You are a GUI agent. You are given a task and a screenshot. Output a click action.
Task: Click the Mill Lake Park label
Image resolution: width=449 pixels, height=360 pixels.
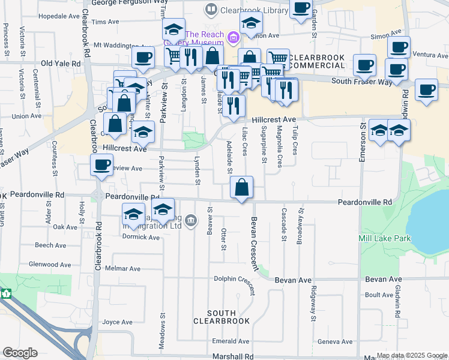click(385, 238)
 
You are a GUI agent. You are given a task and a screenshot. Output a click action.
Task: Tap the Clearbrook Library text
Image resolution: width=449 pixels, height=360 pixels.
click(247, 10)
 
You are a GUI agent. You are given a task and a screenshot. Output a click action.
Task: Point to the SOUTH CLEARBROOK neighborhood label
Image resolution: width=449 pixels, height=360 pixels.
click(221, 317)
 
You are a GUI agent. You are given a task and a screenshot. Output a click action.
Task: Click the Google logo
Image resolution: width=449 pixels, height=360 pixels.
click(20, 353)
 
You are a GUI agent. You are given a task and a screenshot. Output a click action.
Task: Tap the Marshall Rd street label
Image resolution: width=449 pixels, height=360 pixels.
click(233, 356)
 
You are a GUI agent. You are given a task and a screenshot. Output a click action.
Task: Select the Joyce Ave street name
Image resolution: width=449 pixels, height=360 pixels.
click(117, 322)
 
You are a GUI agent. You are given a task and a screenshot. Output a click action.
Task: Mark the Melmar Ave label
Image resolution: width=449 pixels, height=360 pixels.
click(125, 269)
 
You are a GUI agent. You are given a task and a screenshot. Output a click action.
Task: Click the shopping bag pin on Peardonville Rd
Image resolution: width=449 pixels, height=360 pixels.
click(241, 188)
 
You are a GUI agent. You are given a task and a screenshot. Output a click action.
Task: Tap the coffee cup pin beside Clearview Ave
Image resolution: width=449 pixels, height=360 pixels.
click(101, 165)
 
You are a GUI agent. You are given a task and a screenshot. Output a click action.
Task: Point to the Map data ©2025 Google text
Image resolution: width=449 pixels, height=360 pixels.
click(412, 355)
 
